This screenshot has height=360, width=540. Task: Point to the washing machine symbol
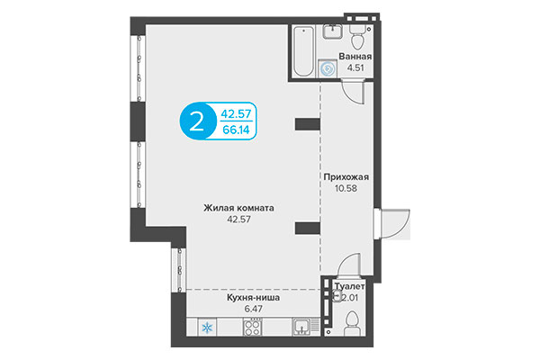[328, 68]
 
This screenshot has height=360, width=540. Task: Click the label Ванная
[355, 56]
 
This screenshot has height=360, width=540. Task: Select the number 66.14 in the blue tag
[237, 129]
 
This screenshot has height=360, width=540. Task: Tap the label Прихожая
[346, 177]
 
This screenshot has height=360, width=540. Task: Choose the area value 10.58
[346, 190]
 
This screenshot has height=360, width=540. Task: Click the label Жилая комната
[238, 208]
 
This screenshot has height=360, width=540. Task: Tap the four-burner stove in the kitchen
[252, 328]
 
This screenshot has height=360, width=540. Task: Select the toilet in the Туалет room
[353, 321]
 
